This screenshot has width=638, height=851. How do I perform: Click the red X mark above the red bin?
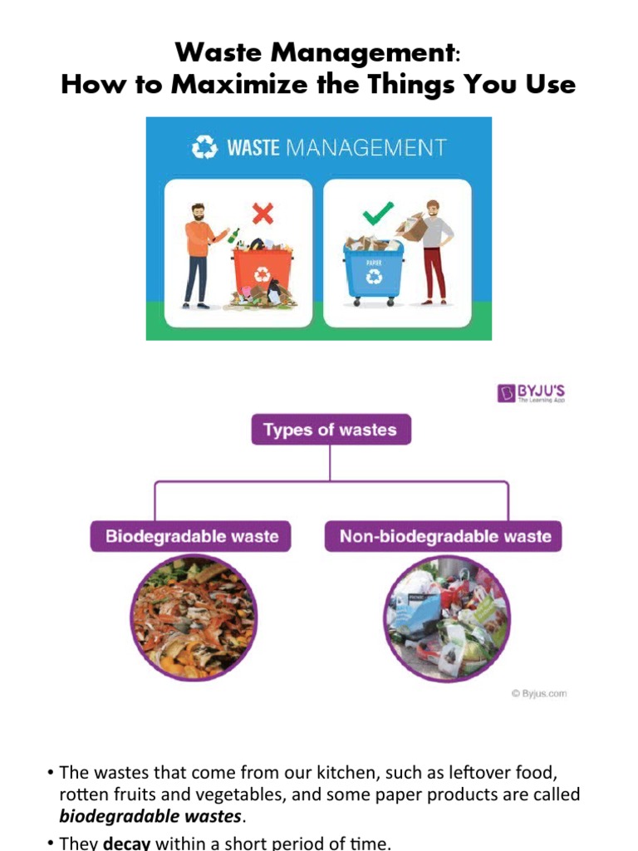263,214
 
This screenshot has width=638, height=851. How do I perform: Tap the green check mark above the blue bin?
378,214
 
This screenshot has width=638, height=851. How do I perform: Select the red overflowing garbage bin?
262,270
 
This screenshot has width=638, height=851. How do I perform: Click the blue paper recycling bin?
373,270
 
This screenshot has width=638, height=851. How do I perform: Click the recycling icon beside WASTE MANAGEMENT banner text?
204,149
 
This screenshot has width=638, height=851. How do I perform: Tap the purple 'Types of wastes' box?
330,430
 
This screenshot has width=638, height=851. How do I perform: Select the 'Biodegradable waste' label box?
191,536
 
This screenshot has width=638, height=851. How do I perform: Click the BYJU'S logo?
532,393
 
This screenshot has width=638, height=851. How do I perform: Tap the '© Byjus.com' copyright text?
539,693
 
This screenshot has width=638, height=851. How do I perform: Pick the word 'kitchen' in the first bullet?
323,772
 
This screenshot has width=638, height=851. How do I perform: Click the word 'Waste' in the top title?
218,54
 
